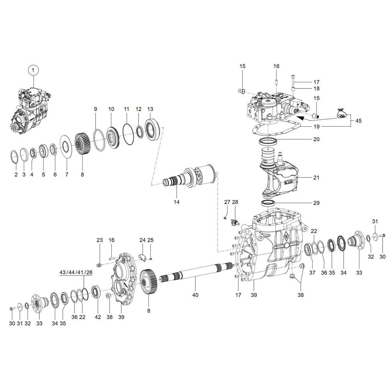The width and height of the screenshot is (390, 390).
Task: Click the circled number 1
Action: tap(34, 70)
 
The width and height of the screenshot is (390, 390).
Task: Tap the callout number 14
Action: tap(177, 202)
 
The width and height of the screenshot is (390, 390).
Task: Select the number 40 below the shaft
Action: tap(195, 295)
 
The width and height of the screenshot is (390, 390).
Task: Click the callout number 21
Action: tap(316, 178)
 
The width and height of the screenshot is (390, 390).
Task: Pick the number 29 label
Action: tap(316, 203)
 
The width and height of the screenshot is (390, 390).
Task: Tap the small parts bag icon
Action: tap(342, 113)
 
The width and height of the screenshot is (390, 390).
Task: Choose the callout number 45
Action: tap(358, 121)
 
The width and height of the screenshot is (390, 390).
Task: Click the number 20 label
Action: tap(316, 139)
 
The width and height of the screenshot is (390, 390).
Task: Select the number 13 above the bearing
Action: tap(150, 109)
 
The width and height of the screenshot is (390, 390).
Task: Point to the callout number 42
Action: tap(97, 317)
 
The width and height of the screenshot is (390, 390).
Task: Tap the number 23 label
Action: tap(99, 240)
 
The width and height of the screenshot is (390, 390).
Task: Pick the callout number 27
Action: tap(227, 202)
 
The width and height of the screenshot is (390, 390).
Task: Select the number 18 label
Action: tap(316, 89)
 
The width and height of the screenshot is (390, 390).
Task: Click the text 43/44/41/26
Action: tap(76, 272)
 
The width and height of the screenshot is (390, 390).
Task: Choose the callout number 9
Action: tap(96, 109)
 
